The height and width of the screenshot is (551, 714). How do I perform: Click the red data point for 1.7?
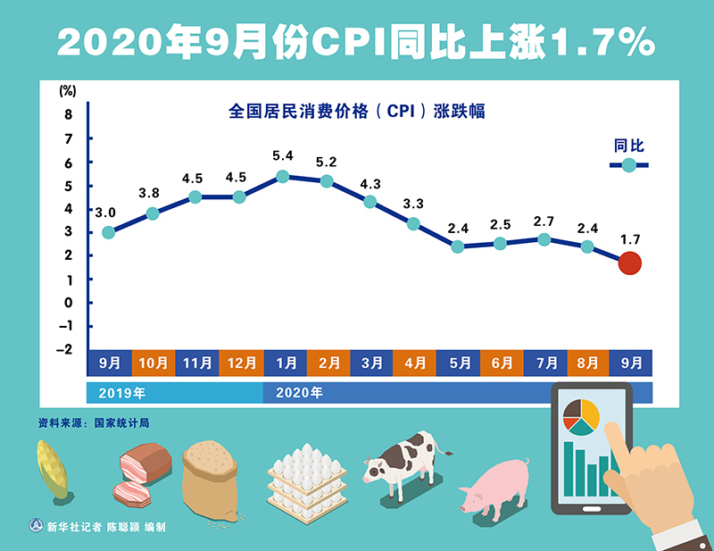pyautogui.click(x=629, y=263)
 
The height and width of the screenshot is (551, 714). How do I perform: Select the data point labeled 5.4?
pyautogui.click(x=282, y=177)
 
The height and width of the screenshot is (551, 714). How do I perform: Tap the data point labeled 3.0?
pyautogui.click(x=108, y=232)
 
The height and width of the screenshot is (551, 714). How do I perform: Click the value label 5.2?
pyautogui.click(x=326, y=162)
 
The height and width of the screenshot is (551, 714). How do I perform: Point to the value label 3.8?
pyautogui.click(x=149, y=193)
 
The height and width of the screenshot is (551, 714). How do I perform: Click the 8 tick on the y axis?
pyautogui.click(x=68, y=114)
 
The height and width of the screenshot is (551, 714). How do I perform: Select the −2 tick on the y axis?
pyautogui.click(x=64, y=349)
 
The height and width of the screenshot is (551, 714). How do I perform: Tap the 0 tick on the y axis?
pyautogui.click(x=68, y=303)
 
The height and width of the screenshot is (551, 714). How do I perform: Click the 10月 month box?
pyautogui.click(x=153, y=363)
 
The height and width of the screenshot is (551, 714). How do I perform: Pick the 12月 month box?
pyautogui.click(x=240, y=363)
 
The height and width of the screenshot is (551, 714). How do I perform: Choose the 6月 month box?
pyautogui.click(x=502, y=363)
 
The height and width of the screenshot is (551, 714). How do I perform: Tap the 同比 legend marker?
pyautogui.click(x=629, y=165)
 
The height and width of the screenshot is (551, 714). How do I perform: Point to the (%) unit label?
pyautogui.click(x=68, y=90)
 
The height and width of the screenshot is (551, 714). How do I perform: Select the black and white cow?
pyautogui.click(x=401, y=461)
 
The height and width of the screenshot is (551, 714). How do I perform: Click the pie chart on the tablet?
pyautogui.click(x=581, y=415)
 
